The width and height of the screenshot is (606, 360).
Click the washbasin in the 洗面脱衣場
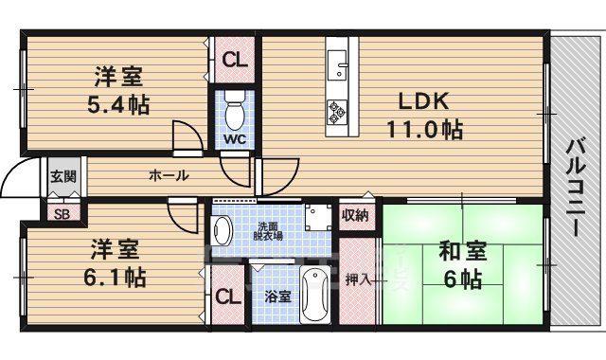pos(223,229)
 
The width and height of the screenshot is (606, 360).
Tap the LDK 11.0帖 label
pos(422,116)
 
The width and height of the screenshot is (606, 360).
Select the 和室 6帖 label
pos(461,265)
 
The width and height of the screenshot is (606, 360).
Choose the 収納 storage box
pos(355,215)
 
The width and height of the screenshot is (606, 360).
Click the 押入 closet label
pos(357,279)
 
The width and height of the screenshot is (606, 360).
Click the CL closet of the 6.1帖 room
pos(226,297)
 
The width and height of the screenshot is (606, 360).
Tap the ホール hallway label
pos(168,175)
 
